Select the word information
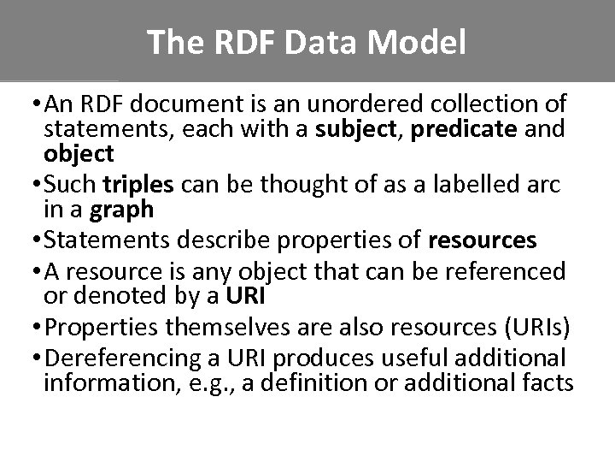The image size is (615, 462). tap(98, 382)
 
